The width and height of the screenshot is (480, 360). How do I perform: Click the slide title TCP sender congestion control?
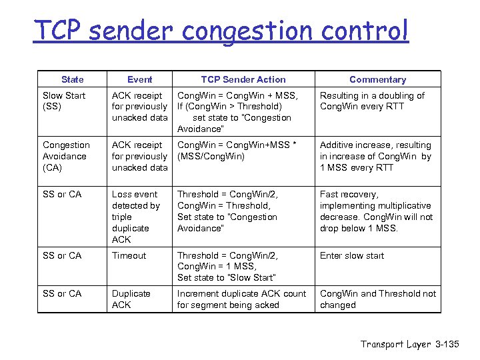(221, 31)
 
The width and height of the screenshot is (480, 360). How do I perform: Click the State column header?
(72, 79)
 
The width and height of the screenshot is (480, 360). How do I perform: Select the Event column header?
(139, 79)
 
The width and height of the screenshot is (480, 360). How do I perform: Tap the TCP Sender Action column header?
(243, 79)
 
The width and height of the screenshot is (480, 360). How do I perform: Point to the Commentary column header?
(377, 79)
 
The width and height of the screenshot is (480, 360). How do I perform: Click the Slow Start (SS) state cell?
(64, 101)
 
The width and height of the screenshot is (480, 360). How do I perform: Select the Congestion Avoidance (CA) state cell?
(66, 156)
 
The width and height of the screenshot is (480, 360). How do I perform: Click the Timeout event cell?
(129, 255)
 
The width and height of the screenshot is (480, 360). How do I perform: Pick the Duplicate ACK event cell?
(131, 299)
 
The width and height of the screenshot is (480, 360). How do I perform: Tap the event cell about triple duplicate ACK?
(136, 217)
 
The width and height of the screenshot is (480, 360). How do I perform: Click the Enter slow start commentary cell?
(352, 255)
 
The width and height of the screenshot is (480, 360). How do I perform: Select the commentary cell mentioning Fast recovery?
(376, 211)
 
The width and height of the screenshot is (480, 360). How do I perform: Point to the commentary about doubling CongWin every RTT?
(372, 101)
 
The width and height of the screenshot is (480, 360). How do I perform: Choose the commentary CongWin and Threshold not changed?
(378, 299)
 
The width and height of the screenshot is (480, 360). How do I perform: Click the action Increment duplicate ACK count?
(241, 299)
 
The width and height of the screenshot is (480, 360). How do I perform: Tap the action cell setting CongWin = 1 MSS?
(226, 266)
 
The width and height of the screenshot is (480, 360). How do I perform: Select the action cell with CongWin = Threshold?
(227, 211)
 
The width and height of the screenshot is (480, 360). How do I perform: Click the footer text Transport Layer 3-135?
(409, 344)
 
